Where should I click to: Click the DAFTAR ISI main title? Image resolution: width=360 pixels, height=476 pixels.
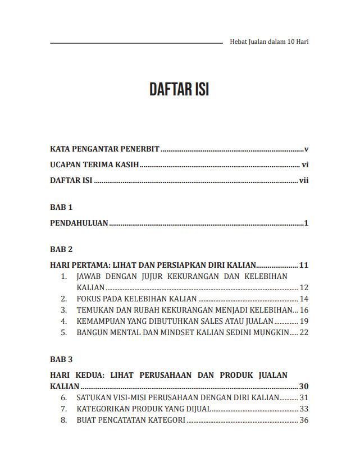(x=179, y=90)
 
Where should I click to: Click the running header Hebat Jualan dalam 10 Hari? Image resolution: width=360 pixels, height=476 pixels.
(x=270, y=42)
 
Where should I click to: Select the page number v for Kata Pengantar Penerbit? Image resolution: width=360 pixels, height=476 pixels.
(x=307, y=149)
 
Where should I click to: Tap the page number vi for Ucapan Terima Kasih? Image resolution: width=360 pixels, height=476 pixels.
(x=306, y=165)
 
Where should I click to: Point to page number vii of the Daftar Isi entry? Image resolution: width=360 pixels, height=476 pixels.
(x=304, y=181)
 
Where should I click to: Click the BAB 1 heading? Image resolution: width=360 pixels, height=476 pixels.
(x=61, y=207)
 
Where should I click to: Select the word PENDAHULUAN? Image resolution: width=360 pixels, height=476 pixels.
(x=79, y=223)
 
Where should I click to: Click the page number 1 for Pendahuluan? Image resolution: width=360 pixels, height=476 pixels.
(x=307, y=223)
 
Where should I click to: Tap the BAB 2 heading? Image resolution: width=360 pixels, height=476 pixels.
(x=61, y=249)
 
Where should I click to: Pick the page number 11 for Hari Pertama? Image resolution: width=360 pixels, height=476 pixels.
(x=304, y=265)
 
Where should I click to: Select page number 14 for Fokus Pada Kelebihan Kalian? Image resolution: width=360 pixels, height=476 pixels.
(x=304, y=299)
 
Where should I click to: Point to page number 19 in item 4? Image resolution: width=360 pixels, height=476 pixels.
(x=304, y=321)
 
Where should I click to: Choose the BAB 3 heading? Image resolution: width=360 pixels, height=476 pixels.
(x=61, y=359)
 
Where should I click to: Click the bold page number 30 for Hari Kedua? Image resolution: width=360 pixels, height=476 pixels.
(x=304, y=386)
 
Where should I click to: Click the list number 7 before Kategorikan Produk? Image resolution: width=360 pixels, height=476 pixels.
(x=64, y=409)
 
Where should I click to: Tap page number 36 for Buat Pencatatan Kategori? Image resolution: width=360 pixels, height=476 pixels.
(x=304, y=420)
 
